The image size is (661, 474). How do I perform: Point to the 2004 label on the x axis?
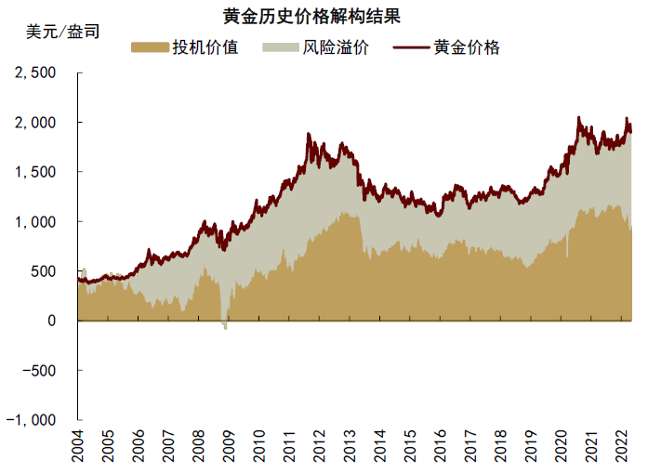79,447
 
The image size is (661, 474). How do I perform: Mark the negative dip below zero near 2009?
224,325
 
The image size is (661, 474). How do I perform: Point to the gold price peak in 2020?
578,118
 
